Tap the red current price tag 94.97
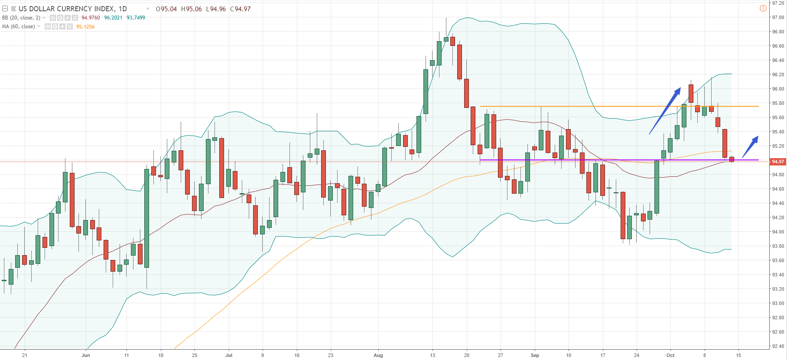point(778,162)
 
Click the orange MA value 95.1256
point(85,27)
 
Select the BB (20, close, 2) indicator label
point(21,18)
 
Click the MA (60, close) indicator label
point(19,27)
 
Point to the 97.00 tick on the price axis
point(778,17)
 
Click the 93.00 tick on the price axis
point(778,303)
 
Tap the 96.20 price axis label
point(778,75)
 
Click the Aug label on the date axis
point(378,355)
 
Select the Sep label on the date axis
point(535,355)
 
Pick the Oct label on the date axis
point(670,355)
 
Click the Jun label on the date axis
point(86,355)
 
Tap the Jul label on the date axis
point(229,355)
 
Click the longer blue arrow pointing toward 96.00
point(665,111)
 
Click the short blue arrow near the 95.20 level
point(750,147)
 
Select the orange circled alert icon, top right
point(763,8)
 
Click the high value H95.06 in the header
point(191,9)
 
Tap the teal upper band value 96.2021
point(113,18)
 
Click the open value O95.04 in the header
point(166,9)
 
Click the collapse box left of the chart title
point(5,9)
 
